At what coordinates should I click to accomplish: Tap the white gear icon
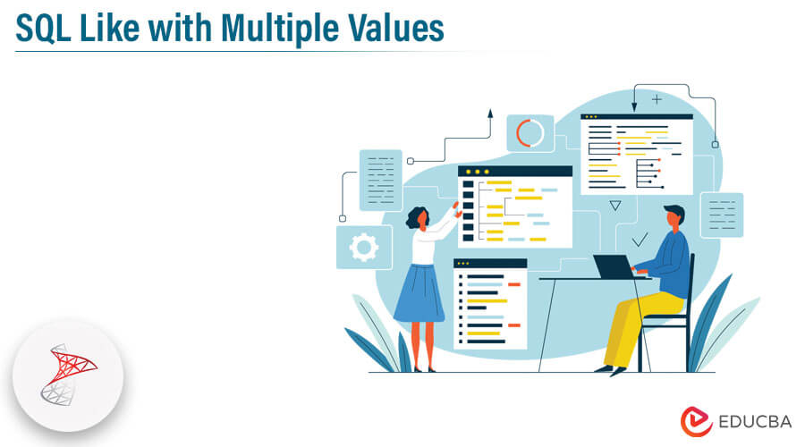pos(363,247)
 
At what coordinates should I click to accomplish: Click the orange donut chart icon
pos(530,133)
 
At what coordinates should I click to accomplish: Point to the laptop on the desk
pos(613,266)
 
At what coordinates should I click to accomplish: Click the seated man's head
pos(674,218)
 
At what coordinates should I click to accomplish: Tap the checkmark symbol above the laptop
pos(640,240)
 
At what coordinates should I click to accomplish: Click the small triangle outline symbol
pos(614,206)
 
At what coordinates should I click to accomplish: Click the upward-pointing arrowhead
pos(489,114)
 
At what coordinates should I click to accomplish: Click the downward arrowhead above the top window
pos(634,107)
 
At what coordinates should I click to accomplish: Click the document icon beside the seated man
pos(721,215)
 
